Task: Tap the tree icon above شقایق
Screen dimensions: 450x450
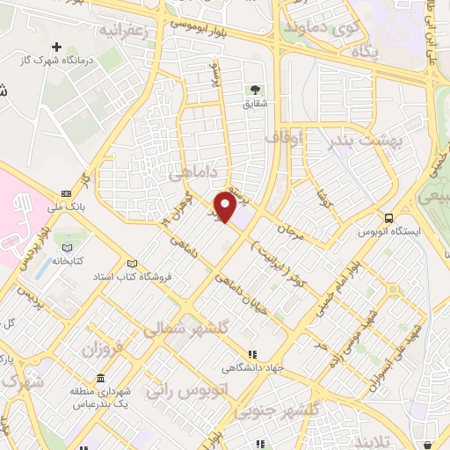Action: pyautogui.click(x=256, y=89)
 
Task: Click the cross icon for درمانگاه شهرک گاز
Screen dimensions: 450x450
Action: pyautogui.click(x=57, y=47)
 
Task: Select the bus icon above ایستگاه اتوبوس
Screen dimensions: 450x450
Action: pyautogui.click(x=388, y=219)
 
